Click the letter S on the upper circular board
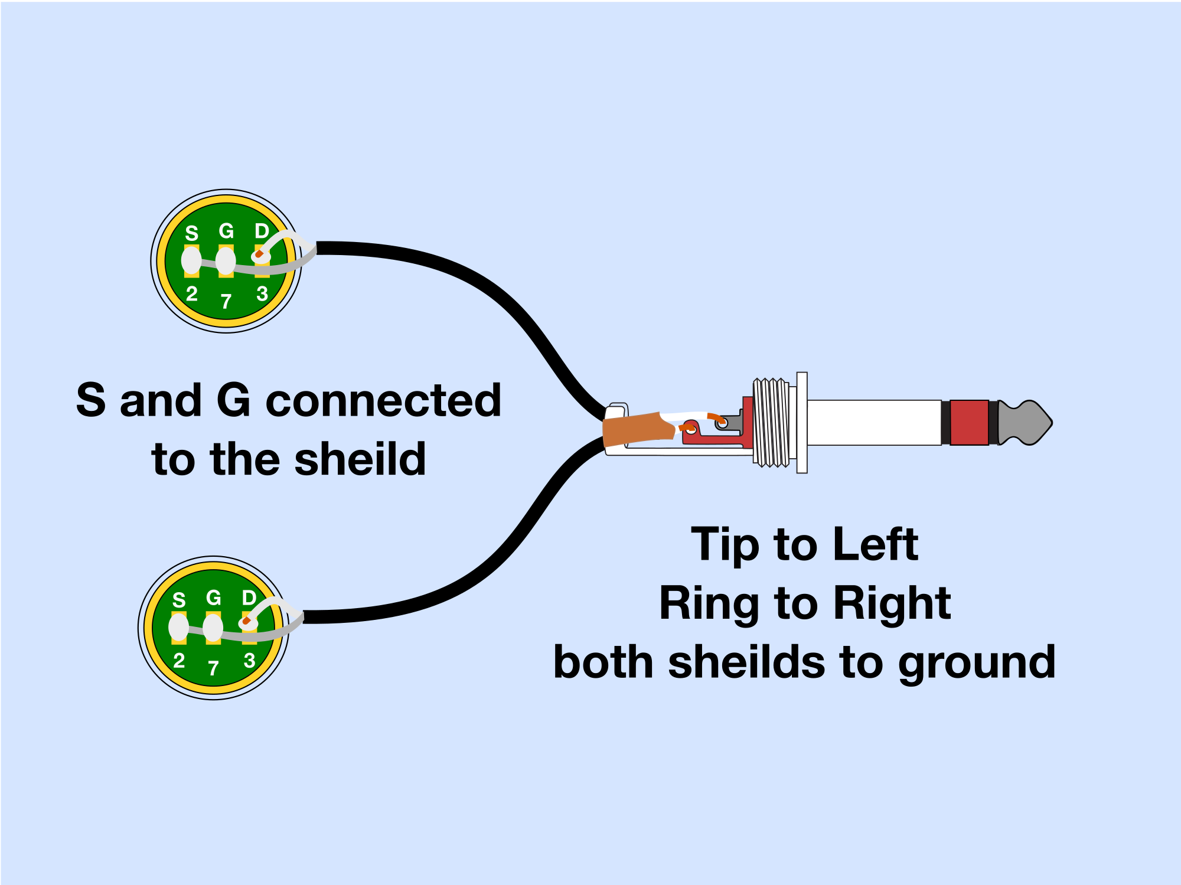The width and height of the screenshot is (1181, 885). [191, 233]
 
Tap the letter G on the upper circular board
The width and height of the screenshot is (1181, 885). [226, 231]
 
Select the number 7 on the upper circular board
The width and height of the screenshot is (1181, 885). [226, 302]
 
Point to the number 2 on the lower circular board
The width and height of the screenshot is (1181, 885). [179, 660]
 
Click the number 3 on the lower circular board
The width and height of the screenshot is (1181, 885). [249, 660]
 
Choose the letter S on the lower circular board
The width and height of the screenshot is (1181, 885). [179, 600]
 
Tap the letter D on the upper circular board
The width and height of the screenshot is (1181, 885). [262, 231]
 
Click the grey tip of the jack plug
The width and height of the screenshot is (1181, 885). [1026, 423]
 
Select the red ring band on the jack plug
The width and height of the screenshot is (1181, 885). [970, 423]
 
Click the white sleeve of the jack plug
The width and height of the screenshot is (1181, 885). [874, 423]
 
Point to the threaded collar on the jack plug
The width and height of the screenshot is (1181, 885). [772, 423]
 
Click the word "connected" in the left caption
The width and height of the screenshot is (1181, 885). [383, 400]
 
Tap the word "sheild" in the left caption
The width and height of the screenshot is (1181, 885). [360, 459]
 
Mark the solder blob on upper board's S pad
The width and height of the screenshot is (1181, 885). [191, 260]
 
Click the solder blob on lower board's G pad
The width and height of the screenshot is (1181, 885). [213, 628]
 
